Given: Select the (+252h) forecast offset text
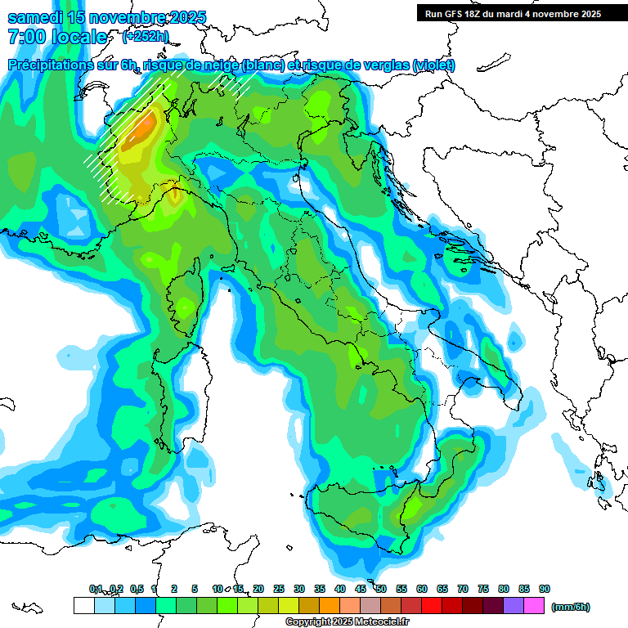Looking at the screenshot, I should point(146,37).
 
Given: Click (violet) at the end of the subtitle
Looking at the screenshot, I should point(433,65).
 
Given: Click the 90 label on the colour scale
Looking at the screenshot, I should point(545,589).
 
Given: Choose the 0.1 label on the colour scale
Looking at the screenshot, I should point(96,589).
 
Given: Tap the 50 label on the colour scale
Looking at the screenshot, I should point(381,589).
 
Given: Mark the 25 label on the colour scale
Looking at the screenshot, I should point(279,589).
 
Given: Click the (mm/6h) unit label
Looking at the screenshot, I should point(571,607).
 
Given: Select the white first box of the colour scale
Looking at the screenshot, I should point(83,605).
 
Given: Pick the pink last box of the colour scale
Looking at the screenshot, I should point(534,605).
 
